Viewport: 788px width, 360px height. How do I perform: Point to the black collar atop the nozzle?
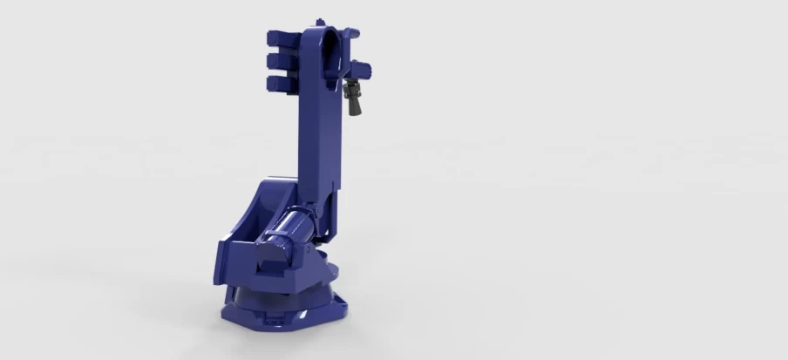[x=353, y=84]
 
